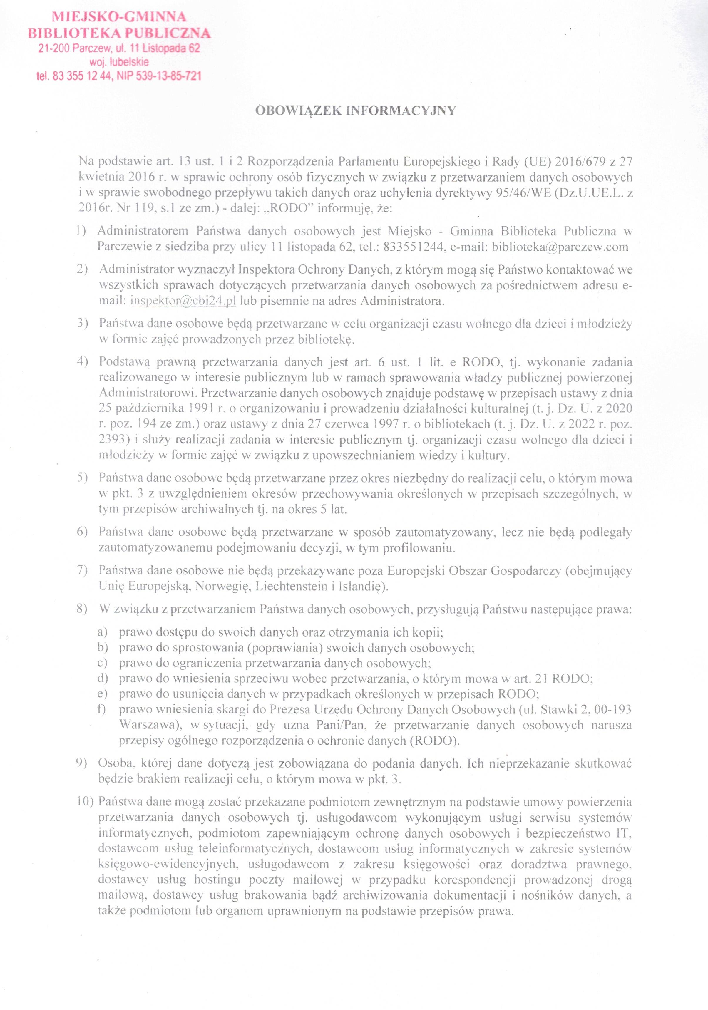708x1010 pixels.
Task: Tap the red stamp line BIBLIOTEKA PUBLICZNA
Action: coord(119,33)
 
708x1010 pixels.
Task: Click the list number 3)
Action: coord(82,324)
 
